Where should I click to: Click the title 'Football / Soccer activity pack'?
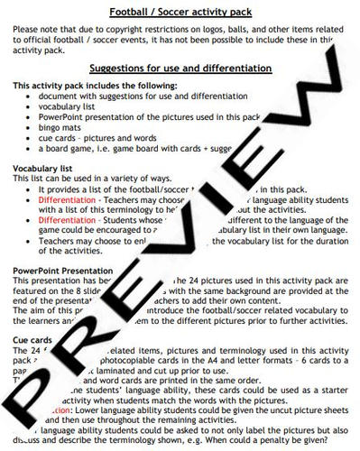pyautogui.click(x=180, y=12)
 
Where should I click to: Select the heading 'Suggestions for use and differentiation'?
pyautogui.click(x=180, y=69)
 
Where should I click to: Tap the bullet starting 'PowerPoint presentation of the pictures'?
pyautogui.click(x=144, y=116)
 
